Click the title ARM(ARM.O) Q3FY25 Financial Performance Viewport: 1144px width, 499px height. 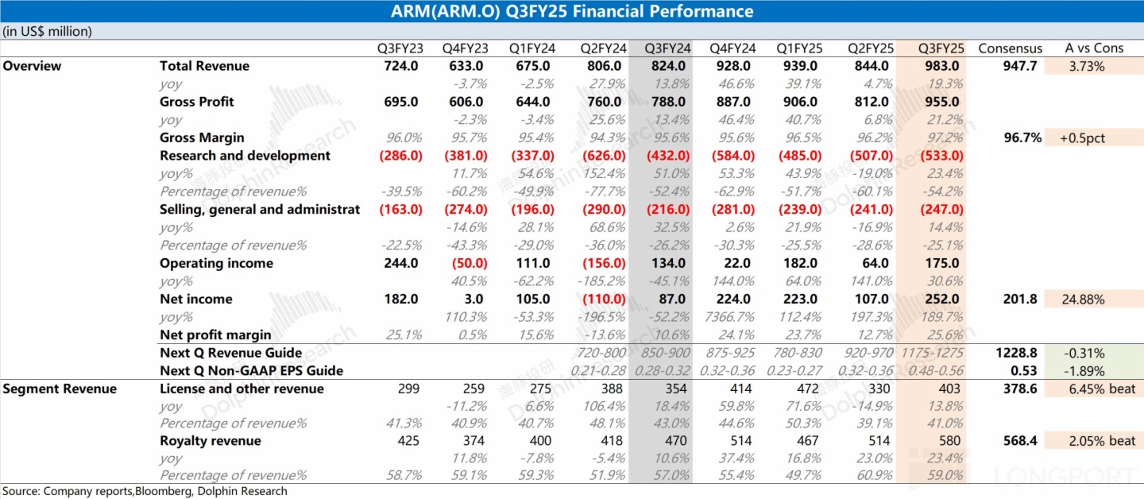(572, 11)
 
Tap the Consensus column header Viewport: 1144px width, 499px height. (1010, 48)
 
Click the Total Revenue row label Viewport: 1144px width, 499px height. (204, 66)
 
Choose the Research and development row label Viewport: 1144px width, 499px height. (245, 156)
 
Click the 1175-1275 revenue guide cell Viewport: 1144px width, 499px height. (933, 353)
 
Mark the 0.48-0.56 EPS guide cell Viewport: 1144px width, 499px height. (933, 370)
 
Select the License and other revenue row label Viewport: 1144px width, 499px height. (242, 389)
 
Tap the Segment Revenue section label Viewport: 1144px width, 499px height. (60, 389)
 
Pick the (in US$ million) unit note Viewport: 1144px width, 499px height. (48, 32)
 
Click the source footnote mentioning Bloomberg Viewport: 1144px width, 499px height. (145, 491)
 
